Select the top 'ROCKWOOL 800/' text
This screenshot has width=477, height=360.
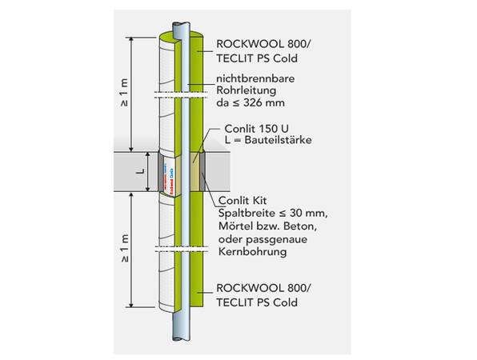255,44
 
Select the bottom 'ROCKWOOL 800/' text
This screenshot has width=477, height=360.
255,289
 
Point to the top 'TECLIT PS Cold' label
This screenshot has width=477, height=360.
257,58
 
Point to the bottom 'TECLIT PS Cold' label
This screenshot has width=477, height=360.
257,302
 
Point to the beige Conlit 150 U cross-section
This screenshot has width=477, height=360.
194,172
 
